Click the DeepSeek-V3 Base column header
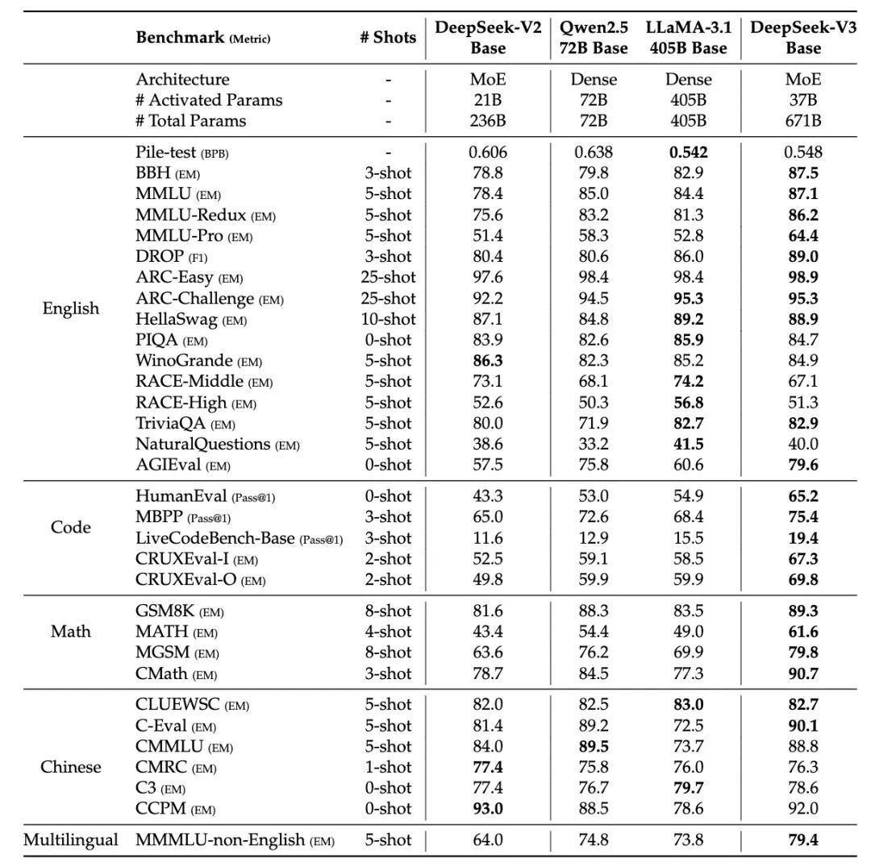(x=803, y=37)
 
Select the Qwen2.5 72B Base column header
(x=594, y=37)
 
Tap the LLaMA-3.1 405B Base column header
(x=687, y=37)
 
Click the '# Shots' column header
(x=388, y=37)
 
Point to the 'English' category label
(x=71, y=309)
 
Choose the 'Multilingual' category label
(x=71, y=840)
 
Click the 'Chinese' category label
(x=71, y=767)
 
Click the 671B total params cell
(x=803, y=121)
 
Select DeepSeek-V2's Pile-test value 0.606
(x=487, y=152)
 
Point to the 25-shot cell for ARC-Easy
(x=388, y=277)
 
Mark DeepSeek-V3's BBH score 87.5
(x=803, y=173)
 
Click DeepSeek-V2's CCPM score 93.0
(x=487, y=809)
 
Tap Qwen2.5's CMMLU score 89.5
(x=594, y=747)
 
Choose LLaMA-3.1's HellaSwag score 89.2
(x=687, y=320)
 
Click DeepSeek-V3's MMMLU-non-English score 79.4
(x=803, y=840)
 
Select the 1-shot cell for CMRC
(x=388, y=768)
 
